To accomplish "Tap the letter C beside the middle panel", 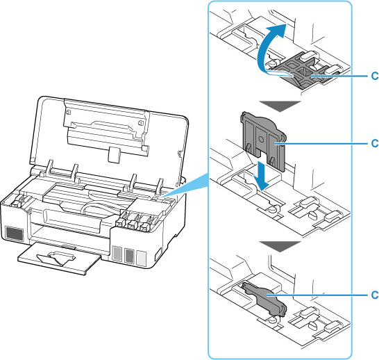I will point(375,144).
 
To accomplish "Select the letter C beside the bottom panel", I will point(375,294).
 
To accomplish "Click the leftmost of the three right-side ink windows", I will point(117,254).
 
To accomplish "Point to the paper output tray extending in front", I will point(58,260).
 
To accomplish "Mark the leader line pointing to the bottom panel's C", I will point(326,294).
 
